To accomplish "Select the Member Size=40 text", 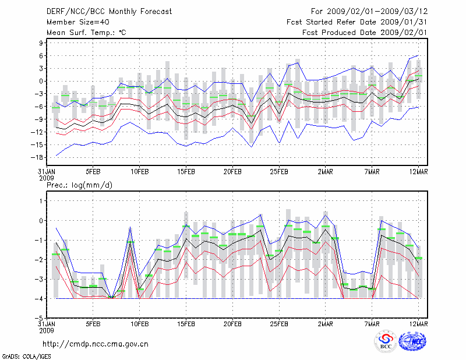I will pyautogui.click(x=77, y=22).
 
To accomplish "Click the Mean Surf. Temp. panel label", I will pyautogui.click(x=86, y=33).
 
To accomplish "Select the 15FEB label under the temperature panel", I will pyautogui.click(x=186, y=172).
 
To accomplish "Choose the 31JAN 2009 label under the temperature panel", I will pyautogui.click(x=47, y=175).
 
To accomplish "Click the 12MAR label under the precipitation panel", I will pyautogui.click(x=419, y=324).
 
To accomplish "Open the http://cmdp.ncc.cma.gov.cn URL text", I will pyautogui.click(x=96, y=344).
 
